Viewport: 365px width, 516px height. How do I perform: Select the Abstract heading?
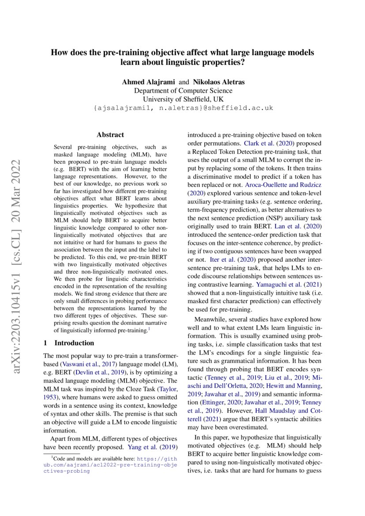[110, 135]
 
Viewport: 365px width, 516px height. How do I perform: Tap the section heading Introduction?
[74, 343]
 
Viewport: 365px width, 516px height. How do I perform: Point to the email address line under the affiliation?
[183, 108]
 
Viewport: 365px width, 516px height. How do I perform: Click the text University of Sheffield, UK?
[183, 99]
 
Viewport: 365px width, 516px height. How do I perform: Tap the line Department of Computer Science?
[183, 90]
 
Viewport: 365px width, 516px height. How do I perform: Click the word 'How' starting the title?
[59, 53]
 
